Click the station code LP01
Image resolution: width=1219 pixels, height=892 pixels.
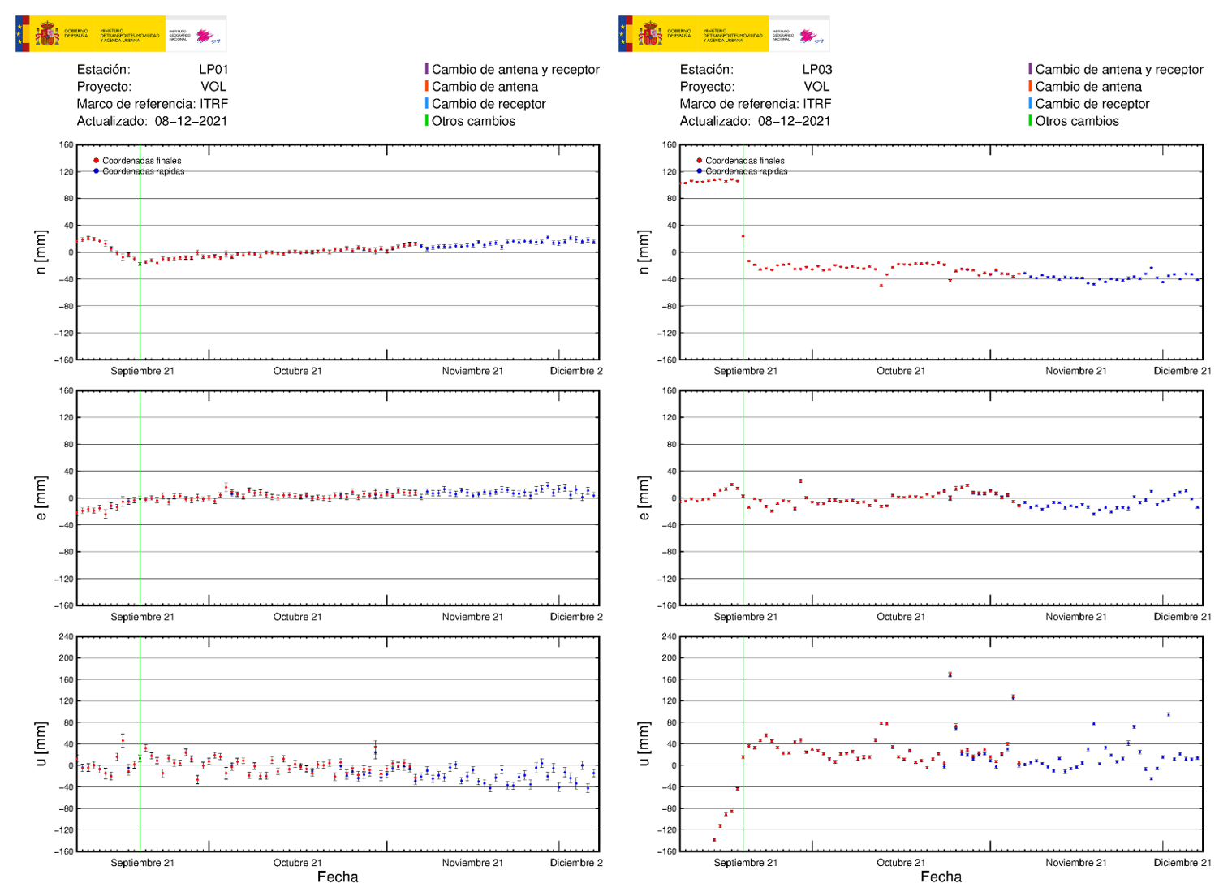pyautogui.click(x=213, y=70)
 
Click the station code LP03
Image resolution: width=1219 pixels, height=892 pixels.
pyautogui.click(x=816, y=70)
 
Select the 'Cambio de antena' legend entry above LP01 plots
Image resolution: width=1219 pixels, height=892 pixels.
pyautogui.click(x=485, y=87)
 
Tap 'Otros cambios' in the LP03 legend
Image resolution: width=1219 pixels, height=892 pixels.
pyautogui.click(x=1076, y=121)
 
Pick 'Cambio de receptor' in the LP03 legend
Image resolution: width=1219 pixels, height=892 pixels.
pyautogui.click(x=1092, y=104)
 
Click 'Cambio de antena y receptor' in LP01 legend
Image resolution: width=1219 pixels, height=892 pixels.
pyautogui.click(x=515, y=70)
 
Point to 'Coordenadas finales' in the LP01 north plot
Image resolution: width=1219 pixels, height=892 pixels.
pyautogui.click(x=141, y=161)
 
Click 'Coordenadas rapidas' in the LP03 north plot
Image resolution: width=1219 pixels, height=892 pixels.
pyautogui.click(x=746, y=171)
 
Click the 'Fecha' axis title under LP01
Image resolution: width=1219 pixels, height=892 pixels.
pyautogui.click(x=338, y=877)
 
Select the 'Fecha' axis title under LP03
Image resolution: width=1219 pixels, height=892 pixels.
pyautogui.click(x=941, y=877)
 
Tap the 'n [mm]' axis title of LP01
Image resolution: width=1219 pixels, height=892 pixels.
pyautogui.click(x=41, y=252)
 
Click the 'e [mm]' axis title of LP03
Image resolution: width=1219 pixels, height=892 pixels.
pyautogui.click(x=644, y=498)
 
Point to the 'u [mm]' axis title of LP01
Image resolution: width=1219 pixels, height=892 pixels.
pyautogui.click(x=41, y=743)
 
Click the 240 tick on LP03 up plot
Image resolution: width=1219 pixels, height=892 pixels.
pyautogui.click(x=669, y=636)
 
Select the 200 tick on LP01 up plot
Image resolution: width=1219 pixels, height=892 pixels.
pyautogui.click(x=66, y=658)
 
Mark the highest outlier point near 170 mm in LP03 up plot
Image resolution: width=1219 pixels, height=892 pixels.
pyautogui.click(x=950, y=674)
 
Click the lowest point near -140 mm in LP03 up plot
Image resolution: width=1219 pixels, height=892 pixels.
pyautogui.click(x=714, y=840)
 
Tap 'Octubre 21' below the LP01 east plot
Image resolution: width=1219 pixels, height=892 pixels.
pyautogui.click(x=297, y=617)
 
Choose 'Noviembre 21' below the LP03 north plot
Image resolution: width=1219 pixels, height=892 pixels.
pyautogui.click(x=1075, y=371)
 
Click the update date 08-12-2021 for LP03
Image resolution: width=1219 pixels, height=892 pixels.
pyautogui.click(x=794, y=121)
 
